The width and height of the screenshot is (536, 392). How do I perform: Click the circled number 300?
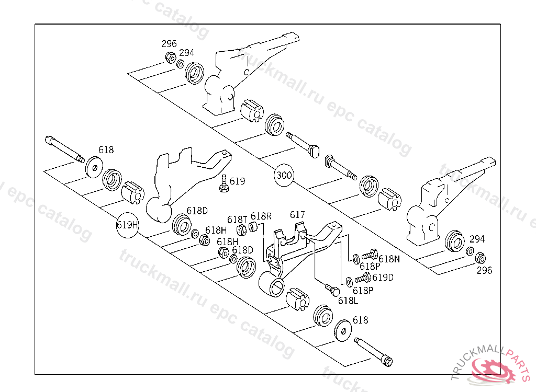[284, 175]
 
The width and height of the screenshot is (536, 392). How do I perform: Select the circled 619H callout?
[127, 225]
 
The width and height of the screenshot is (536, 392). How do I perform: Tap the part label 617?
[297, 214]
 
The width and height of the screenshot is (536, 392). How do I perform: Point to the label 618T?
[237, 219]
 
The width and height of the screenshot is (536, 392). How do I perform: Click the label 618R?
[261, 216]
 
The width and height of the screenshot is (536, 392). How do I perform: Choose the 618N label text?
[389, 258]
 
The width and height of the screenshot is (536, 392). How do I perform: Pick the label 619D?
[383, 277]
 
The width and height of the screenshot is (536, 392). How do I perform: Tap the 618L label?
[348, 301]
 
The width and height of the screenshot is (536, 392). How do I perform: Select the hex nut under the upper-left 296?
[170, 57]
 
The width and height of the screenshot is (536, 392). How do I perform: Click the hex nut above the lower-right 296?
[480, 258]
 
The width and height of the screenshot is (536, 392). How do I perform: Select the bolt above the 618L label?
[330, 289]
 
